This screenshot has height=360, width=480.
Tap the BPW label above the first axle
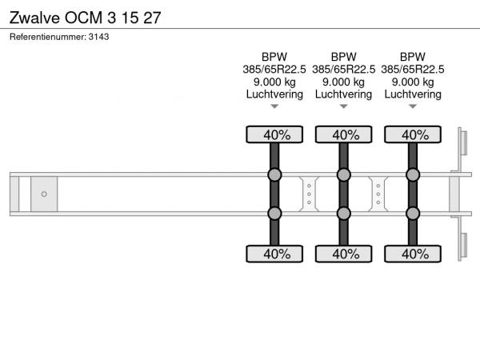pyautogui.click(x=274, y=57)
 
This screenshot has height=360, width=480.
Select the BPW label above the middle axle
pyautogui.click(x=343, y=57)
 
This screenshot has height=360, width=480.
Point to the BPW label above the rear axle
pyautogui.click(x=413, y=57)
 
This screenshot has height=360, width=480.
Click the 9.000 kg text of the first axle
pyautogui.click(x=274, y=82)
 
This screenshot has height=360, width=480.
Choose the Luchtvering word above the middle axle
pyautogui.click(x=343, y=94)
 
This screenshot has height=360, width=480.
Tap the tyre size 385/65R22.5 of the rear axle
pyautogui.click(x=413, y=69)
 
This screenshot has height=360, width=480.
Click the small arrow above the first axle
pyautogui.click(x=274, y=106)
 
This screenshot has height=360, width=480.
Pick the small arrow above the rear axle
pyautogui.click(x=413, y=106)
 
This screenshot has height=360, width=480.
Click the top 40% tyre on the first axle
pyautogui.click(x=274, y=134)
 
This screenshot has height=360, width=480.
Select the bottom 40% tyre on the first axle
pyautogui.click(x=274, y=254)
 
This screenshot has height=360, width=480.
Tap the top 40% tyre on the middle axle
pyautogui.click(x=343, y=134)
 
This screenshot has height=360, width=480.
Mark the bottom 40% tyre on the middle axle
pyautogui.click(x=343, y=254)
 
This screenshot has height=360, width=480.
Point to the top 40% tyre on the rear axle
pyautogui.click(x=413, y=134)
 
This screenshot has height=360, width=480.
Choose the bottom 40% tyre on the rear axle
pyautogui.click(x=413, y=254)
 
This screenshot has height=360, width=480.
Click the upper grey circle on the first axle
pyautogui.click(x=274, y=175)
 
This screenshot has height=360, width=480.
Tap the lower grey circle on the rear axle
pyautogui.click(x=413, y=213)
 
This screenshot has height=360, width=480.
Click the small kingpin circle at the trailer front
pyautogui.click(x=45, y=194)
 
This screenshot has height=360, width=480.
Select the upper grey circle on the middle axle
pyautogui.click(x=343, y=175)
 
